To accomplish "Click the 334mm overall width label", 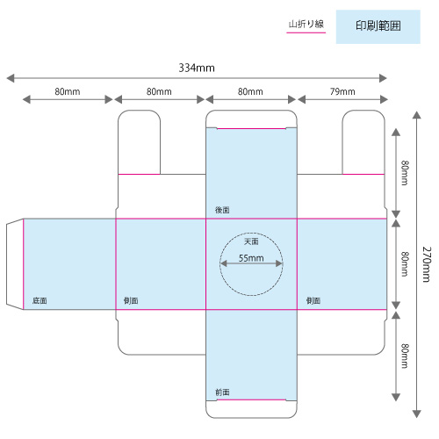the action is click(x=197, y=68).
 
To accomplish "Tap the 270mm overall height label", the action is click(x=427, y=264).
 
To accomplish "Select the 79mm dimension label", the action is click(x=342, y=91).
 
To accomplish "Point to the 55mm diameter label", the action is click(x=251, y=258).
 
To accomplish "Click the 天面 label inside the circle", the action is click(x=251, y=241).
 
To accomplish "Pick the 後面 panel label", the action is click(x=222, y=210).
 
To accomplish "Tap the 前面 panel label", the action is click(x=222, y=392).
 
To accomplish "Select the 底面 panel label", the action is click(x=40, y=300).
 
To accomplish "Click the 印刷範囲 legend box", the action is click(x=378, y=26).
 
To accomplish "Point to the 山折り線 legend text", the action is click(x=306, y=24).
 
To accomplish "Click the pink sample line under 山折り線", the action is click(x=306, y=32).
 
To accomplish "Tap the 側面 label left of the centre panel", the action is click(x=131, y=300).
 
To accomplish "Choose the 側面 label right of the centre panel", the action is click(x=313, y=300).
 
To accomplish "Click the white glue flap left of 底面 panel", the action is click(x=15, y=264).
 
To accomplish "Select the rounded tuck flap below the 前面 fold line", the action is click(x=251, y=409).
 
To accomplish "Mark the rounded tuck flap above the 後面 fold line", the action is click(x=251, y=119).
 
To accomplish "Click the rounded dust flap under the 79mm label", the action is click(x=363, y=142).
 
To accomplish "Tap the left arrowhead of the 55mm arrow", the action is click(x=224, y=263).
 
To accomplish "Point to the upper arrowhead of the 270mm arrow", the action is click(x=417, y=115).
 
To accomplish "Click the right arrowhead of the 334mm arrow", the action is click(x=383, y=78).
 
